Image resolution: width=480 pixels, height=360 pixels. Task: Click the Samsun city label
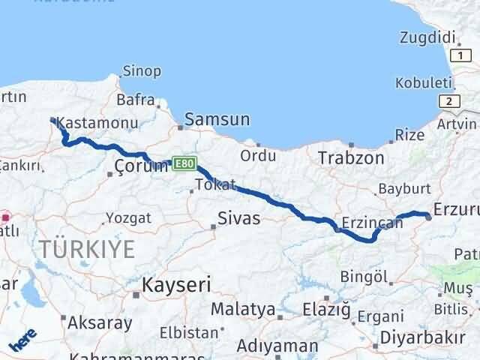(x=217, y=119)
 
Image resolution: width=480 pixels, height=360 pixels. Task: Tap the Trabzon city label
(x=351, y=158)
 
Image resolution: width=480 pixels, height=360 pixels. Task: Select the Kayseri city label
(x=177, y=285)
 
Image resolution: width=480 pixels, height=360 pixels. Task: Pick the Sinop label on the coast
(x=142, y=71)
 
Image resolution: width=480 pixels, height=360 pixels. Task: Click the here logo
(x=22, y=340)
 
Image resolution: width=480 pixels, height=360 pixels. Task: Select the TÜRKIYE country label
(x=88, y=249)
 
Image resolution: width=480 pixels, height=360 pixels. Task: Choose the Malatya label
(x=243, y=309)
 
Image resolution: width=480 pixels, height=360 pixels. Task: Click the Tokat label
(x=215, y=184)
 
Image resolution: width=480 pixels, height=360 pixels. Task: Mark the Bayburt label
(x=404, y=188)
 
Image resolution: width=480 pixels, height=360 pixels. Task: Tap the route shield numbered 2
(x=448, y=100)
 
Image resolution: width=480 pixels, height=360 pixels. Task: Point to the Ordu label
(x=258, y=155)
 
